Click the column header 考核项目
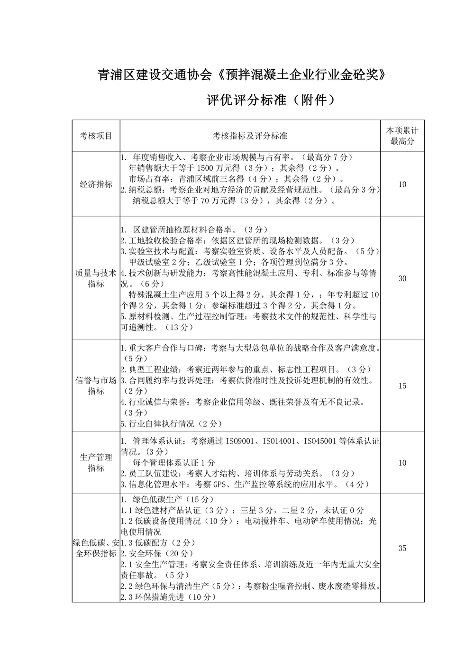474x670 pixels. (96, 136)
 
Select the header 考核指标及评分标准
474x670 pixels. (250, 136)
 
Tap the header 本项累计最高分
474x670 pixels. (402, 136)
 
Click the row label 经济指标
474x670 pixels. (96, 184)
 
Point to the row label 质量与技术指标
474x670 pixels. (96, 278)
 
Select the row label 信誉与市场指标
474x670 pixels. (96, 385)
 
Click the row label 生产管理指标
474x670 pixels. (96, 462)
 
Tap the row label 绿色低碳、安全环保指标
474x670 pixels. (96, 548)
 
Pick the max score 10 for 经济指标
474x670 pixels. (402, 184)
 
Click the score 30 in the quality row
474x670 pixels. (402, 278)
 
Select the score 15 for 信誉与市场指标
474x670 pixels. (402, 385)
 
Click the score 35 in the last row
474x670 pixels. (402, 548)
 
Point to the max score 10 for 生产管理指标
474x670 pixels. (402, 462)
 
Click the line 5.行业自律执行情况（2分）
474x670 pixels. (171, 423)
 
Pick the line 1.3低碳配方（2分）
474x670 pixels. (158, 542)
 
